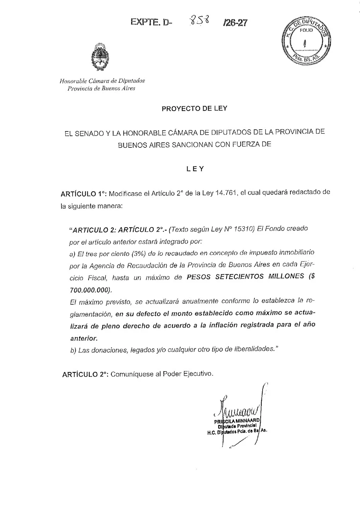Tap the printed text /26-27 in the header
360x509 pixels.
235,23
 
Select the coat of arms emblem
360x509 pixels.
100,58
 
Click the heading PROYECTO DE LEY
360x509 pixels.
194,109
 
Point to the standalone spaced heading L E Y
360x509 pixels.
195,169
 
